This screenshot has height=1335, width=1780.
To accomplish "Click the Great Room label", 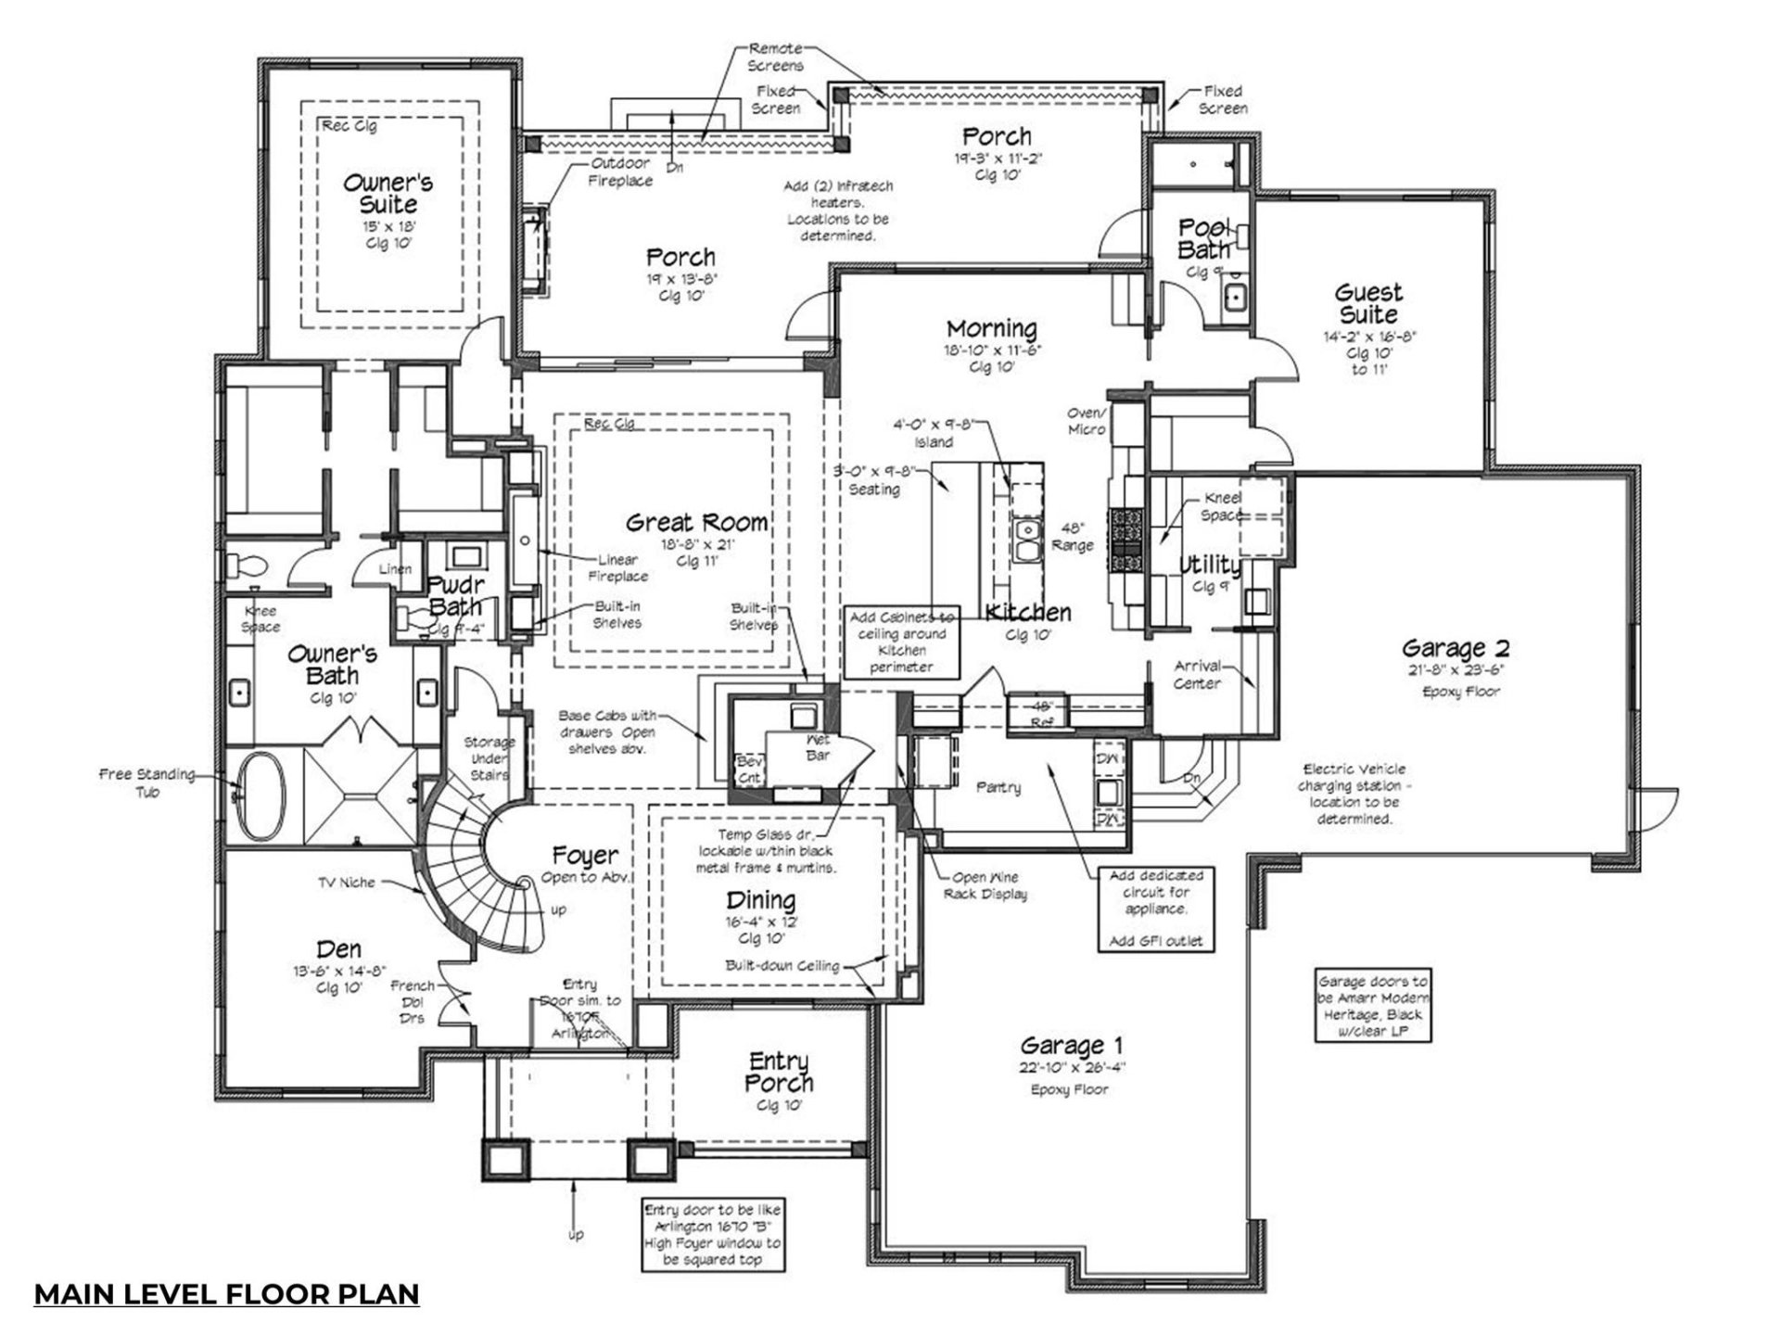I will [x=697, y=523].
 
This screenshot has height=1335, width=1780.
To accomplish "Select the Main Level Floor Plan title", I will [x=226, y=1293].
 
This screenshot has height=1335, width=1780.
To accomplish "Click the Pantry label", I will [x=998, y=787].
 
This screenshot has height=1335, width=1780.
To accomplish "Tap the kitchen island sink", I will [x=1026, y=540].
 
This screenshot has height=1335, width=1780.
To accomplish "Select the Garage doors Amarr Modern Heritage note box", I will [x=1373, y=1006].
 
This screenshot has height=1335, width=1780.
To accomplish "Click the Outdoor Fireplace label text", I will [x=620, y=172].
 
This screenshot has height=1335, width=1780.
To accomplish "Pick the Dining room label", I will [x=760, y=900].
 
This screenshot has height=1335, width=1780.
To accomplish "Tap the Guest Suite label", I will [x=1368, y=303].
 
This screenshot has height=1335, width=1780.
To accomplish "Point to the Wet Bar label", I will [x=818, y=748].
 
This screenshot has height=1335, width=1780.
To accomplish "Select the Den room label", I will [x=338, y=949].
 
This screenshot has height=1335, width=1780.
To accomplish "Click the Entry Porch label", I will [x=779, y=1072].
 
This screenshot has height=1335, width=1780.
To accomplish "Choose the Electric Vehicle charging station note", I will [x=1354, y=795].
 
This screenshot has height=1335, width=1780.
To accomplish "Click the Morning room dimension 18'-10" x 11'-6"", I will [x=993, y=351].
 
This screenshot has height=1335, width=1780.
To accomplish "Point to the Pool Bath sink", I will [x=1234, y=299].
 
